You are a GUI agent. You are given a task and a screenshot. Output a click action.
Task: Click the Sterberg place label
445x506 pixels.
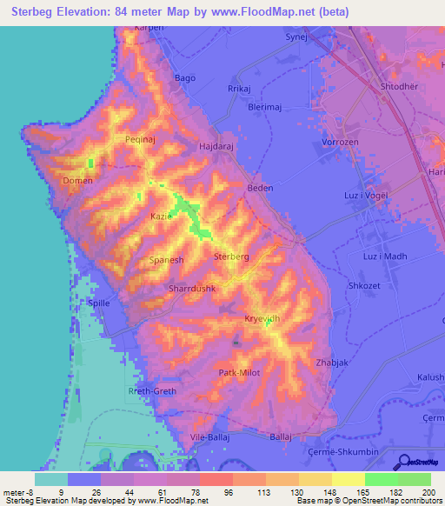(231, 257)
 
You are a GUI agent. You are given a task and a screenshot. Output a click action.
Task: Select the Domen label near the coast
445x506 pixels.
(78, 181)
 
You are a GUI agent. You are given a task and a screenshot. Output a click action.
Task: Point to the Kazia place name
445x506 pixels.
(161, 216)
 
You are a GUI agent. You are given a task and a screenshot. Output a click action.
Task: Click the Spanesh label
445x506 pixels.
(166, 260)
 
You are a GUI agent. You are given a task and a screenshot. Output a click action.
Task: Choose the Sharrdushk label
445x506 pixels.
(191, 288)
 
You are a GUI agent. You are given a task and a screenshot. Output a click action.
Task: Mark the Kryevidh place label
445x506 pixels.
(262, 318)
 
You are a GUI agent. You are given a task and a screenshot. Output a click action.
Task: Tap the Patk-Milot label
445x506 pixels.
(239, 372)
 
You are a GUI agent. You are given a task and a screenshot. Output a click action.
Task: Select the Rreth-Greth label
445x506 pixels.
(152, 391)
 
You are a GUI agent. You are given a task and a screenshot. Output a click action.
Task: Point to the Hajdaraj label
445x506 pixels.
(219, 148)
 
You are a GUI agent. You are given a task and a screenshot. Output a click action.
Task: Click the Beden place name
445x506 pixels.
(260, 188)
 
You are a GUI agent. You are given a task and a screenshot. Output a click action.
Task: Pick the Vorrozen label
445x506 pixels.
(340, 141)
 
